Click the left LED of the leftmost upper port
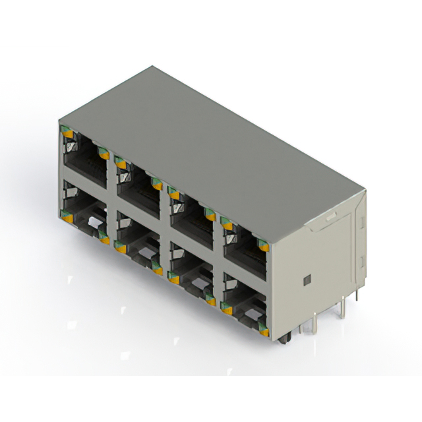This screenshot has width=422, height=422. click(67, 133)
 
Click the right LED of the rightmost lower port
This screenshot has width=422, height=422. click(264, 331)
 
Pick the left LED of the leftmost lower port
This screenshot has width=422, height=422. click(67, 212)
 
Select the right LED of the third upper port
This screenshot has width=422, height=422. click(210, 214)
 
